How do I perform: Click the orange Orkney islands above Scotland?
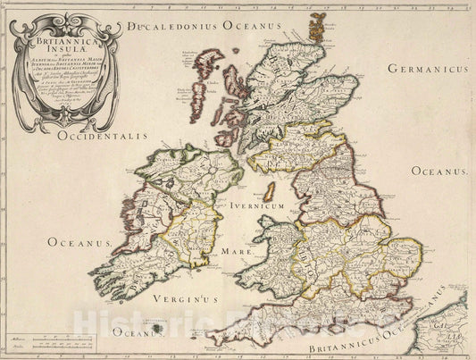click(x=315, y=26)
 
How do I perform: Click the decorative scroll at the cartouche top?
click(x=67, y=20)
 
